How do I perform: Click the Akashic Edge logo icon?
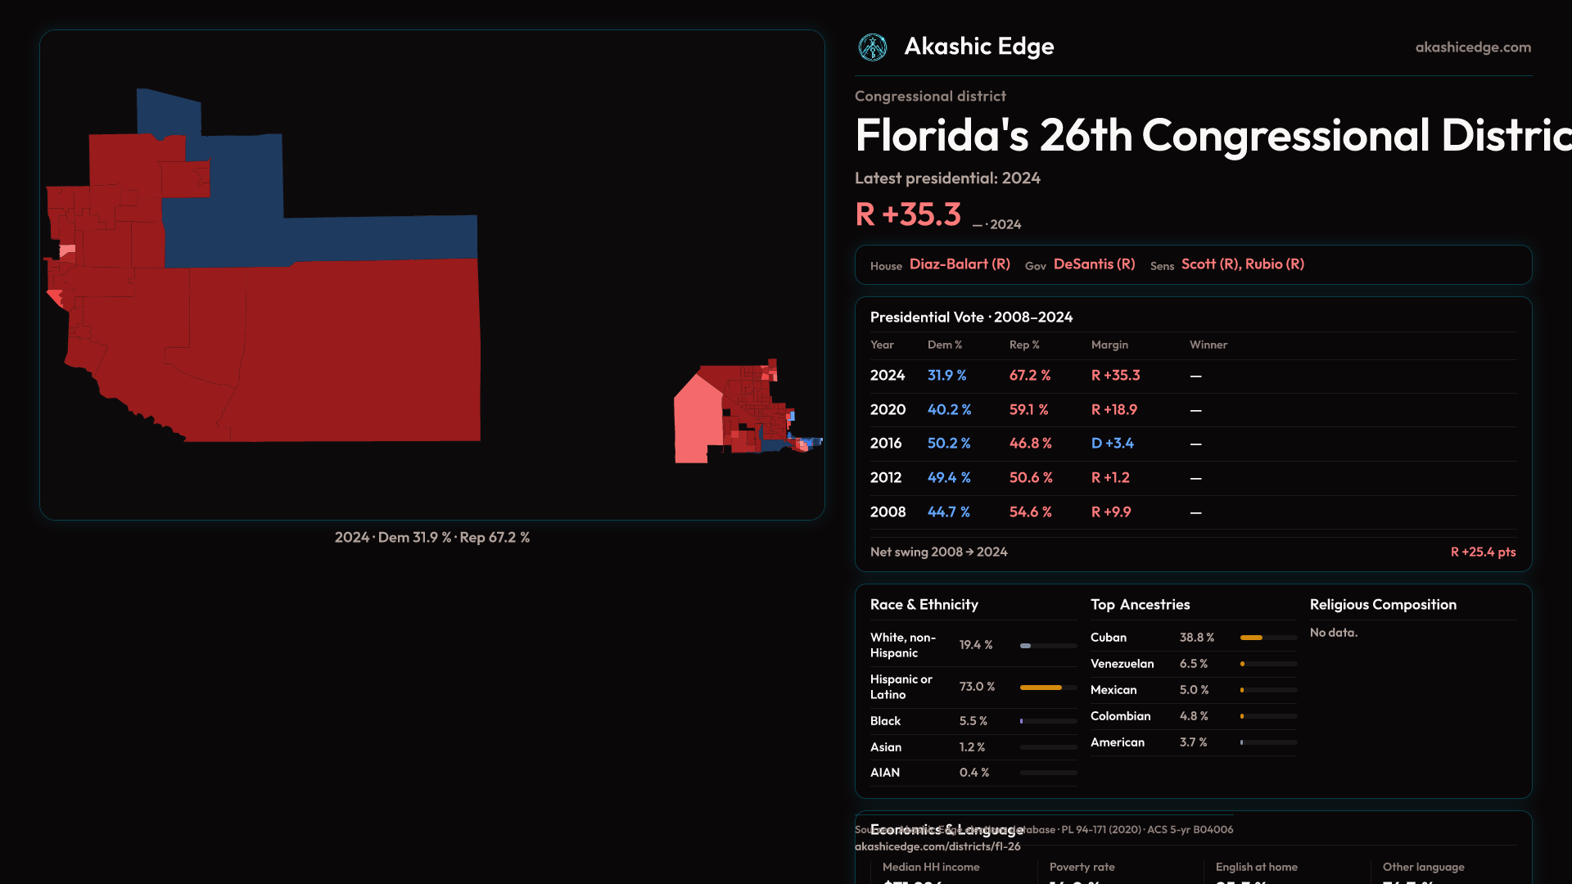point(872,47)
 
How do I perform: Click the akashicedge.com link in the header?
point(1473,47)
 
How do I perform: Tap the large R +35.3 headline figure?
point(908,214)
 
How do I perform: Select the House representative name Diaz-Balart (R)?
point(960,264)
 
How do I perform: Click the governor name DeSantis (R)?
point(1094,264)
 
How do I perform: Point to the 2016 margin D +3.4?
point(1112,444)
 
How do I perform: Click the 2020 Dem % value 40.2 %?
point(949,409)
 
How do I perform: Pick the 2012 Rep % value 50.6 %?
point(1031,478)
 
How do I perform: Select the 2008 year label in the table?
point(888,512)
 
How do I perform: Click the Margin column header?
point(1109,345)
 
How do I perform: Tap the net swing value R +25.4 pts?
point(1483,552)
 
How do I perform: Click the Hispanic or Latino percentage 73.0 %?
point(977,687)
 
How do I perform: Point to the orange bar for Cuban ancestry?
point(1251,638)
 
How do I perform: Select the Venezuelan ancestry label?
point(1122,664)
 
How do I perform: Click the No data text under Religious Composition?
point(1333,633)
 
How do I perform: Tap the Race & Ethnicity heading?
point(924,605)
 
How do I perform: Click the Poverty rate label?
point(1082,867)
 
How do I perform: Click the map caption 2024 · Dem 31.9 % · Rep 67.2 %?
point(431,538)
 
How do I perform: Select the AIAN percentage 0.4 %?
point(973,773)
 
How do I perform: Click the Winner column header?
point(1208,345)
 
